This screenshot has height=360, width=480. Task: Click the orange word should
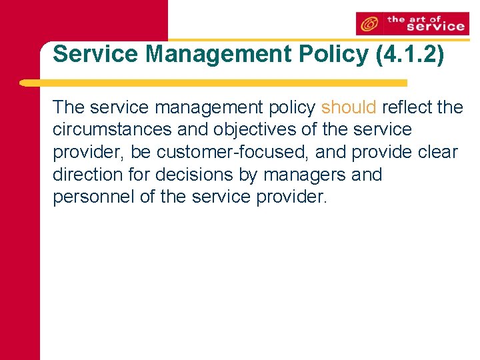[349, 107]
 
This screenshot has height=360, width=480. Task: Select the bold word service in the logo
[434, 27]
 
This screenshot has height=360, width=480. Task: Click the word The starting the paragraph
[69, 107]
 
